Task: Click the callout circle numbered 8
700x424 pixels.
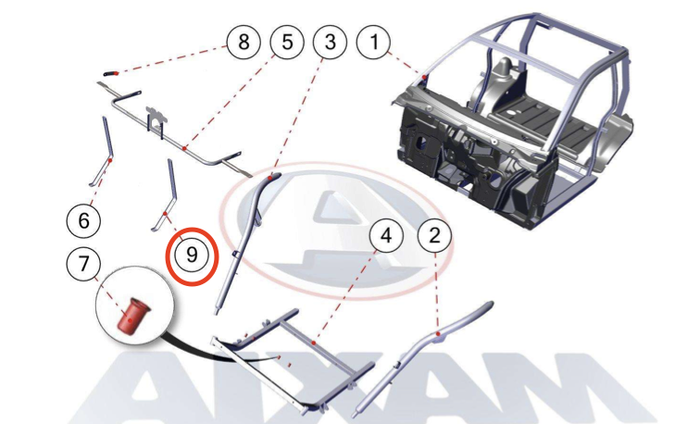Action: [x=244, y=43]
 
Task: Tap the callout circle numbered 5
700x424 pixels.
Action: [x=287, y=43]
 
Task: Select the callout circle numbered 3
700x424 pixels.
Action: [x=330, y=43]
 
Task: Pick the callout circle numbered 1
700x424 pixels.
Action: [x=374, y=43]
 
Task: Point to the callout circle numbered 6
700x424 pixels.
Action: [x=83, y=221]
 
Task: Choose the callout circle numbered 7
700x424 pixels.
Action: [x=83, y=264]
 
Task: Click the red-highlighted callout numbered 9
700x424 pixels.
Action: [x=192, y=256]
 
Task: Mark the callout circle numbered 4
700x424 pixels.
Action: [x=387, y=235]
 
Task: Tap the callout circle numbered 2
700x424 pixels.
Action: [x=434, y=235]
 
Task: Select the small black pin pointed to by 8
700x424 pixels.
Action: [x=110, y=73]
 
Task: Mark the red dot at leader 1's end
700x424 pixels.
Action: [x=424, y=77]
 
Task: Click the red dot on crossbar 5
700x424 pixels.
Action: [x=184, y=148]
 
